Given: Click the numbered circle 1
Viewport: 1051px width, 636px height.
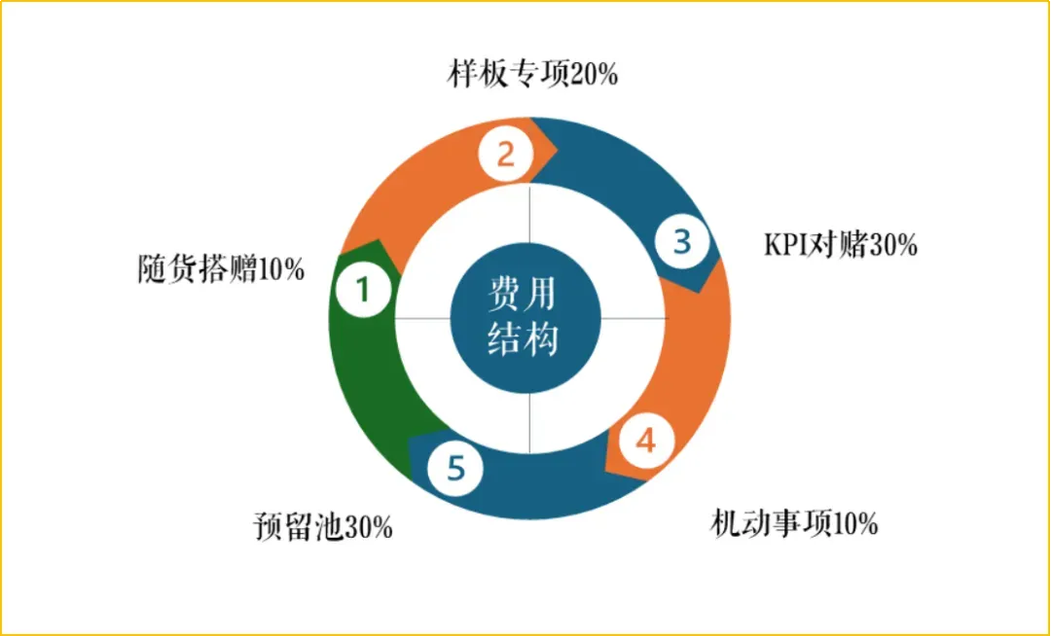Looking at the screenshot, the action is click(x=362, y=291).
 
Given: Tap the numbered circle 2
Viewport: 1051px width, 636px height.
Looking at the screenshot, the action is click(x=505, y=155).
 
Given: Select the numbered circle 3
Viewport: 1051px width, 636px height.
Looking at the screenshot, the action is click(x=681, y=240).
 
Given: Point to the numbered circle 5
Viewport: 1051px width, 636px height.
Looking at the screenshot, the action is click(x=454, y=469).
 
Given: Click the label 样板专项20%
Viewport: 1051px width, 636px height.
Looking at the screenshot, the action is click(x=533, y=75).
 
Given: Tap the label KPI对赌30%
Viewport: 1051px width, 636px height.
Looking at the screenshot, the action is click(x=840, y=244).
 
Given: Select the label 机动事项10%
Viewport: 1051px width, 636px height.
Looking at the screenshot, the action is click(x=794, y=524).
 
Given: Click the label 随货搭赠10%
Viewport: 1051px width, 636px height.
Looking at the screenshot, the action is click(x=221, y=268).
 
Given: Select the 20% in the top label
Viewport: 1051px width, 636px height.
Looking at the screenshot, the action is click(x=593, y=75).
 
